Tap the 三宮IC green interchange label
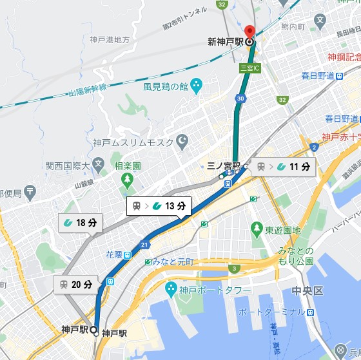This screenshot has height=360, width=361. pos(249,67)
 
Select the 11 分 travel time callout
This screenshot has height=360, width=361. pos(283,167)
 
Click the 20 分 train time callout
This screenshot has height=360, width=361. pos(76,284)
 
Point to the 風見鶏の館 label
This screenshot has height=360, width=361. pos(166,86)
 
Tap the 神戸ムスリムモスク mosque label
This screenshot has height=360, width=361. pos(133,142)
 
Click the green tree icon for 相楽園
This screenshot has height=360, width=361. pos(127,178)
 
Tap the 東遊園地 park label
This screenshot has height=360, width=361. pos(283,230)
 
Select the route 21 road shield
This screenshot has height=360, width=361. pos(145,245)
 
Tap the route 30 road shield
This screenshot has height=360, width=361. pos(240,99)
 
